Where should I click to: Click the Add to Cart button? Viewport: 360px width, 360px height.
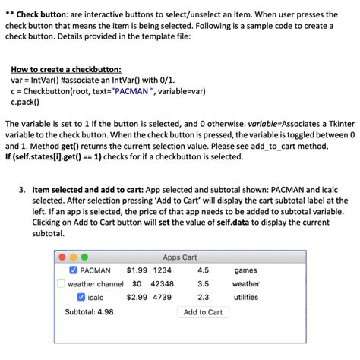click(x=203, y=312)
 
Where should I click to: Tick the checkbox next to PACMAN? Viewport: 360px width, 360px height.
click(x=74, y=270)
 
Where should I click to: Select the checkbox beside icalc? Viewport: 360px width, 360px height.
click(x=81, y=298)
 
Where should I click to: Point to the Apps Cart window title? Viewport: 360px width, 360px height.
click(x=179, y=257)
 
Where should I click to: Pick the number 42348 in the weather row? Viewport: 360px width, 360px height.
click(x=163, y=284)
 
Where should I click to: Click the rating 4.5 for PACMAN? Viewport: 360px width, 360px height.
click(x=203, y=270)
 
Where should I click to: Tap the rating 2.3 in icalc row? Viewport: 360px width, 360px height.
click(x=203, y=298)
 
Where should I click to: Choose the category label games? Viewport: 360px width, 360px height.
click(x=245, y=270)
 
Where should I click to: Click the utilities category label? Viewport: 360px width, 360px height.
click(x=245, y=298)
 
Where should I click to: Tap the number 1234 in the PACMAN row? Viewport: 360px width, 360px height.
click(x=163, y=270)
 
